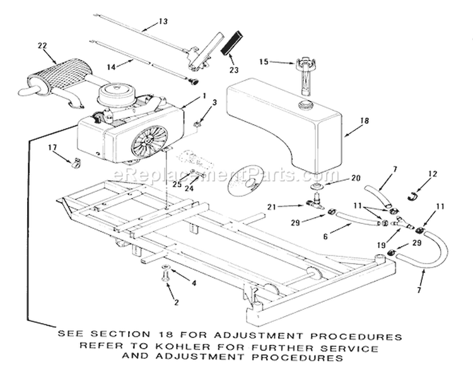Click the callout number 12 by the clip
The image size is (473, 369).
click(x=432, y=173)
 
